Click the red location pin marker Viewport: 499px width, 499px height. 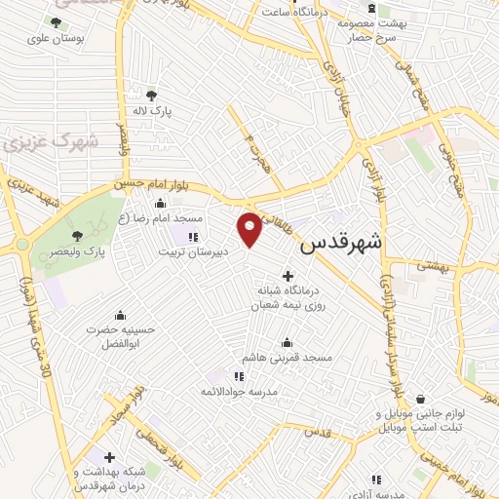tap(250, 228)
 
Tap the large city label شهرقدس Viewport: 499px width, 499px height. tap(340, 243)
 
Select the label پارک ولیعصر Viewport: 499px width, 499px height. tap(80, 250)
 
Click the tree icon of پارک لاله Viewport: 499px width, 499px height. tap(151, 95)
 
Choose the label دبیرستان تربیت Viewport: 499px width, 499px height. tap(193, 250)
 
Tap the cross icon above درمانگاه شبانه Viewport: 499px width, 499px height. tap(287, 276)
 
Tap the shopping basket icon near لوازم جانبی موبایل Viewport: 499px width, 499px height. tap(420, 399)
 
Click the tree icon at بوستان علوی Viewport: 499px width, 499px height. tap(56, 21)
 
